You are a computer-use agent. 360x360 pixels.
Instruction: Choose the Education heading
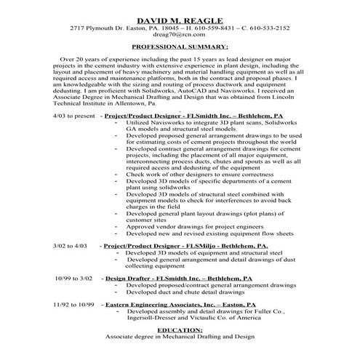(x=180, y=329)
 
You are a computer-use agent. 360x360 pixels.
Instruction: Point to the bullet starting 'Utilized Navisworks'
(x=200, y=124)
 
